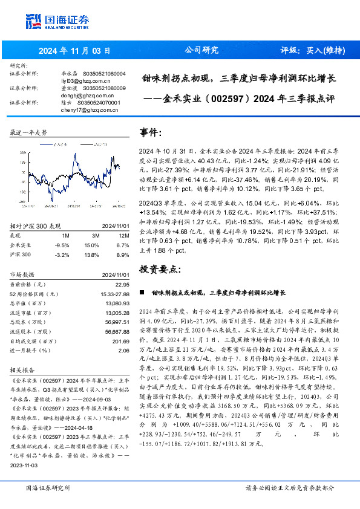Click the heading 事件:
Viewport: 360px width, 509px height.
pos(151,132)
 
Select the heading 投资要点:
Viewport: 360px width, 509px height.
pos(160,268)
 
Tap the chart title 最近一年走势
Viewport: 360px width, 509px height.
pos(29,132)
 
